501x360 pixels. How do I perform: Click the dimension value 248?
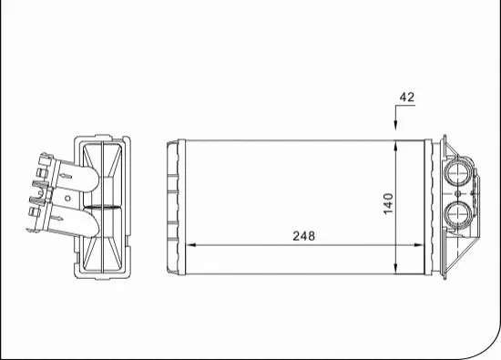pyautogui.click(x=303, y=236)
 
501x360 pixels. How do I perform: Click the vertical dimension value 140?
pyautogui.click(x=388, y=204)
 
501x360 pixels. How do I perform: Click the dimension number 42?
pyautogui.click(x=406, y=97)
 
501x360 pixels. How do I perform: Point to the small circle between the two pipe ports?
pyautogui.click(x=455, y=193)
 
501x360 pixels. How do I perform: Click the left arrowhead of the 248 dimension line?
pyautogui.click(x=191, y=245)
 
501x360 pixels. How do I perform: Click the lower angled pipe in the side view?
pyautogui.click(x=84, y=221)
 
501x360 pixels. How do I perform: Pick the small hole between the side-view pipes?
pyautogui.click(x=66, y=195)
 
